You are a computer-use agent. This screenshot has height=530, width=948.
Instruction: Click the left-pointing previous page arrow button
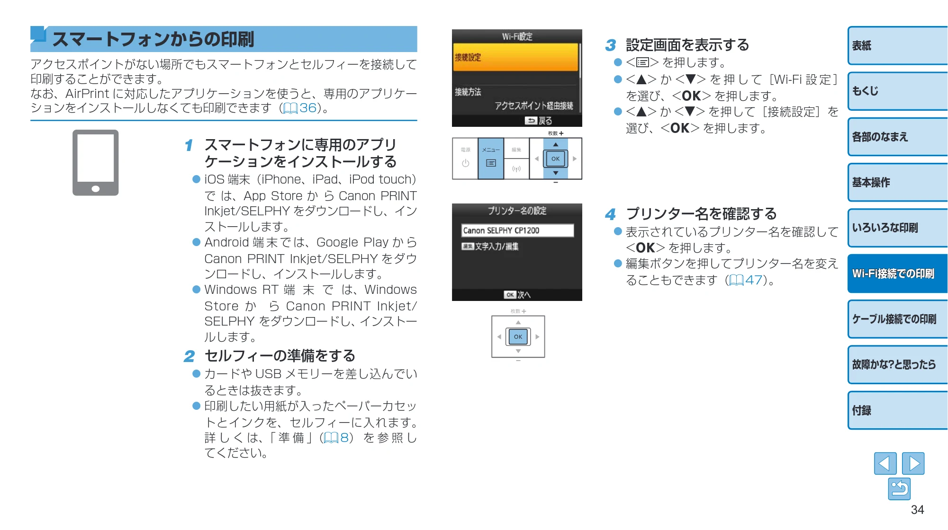tap(885, 463)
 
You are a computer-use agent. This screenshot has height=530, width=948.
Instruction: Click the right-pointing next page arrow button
tap(913, 463)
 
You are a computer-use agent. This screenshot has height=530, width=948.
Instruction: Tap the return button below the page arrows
tap(899, 489)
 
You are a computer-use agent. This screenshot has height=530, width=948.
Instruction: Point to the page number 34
tap(917, 510)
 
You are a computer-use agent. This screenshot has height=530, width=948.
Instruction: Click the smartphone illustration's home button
tap(96, 189)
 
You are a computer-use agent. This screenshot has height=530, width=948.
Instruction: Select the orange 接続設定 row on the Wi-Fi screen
tap(515, 57)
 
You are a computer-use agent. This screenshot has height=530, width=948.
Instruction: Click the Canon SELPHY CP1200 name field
tap(517, 230)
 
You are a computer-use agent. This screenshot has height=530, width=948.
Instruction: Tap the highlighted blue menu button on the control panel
tap(491, 159)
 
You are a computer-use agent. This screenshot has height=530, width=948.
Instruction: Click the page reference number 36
tap(308, 108)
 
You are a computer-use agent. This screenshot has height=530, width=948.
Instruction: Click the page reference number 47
tap(754, 280)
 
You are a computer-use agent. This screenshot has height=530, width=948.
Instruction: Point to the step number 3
tap(610, 45)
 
